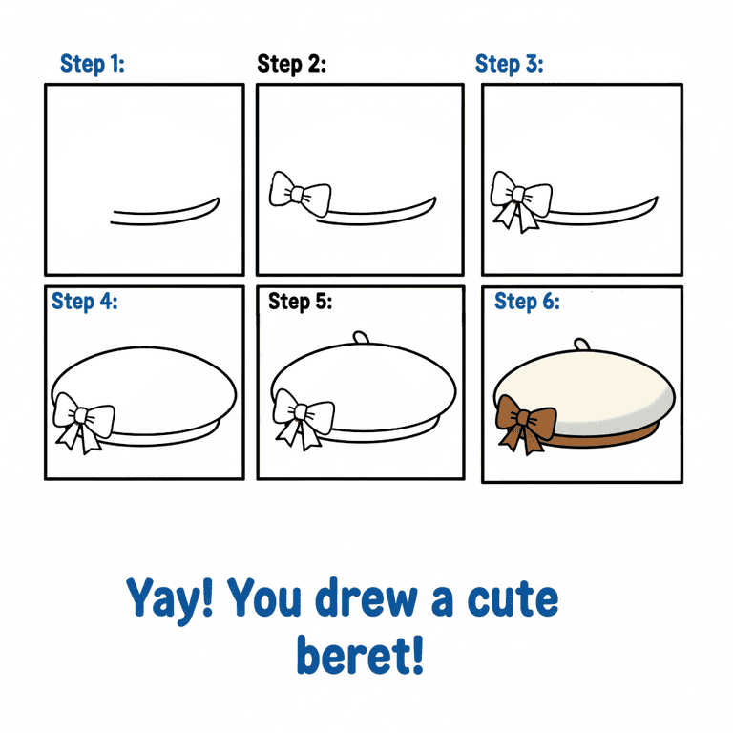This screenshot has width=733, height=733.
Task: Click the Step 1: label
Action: [93, 64]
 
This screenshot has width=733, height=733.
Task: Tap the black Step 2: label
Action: [292, 64]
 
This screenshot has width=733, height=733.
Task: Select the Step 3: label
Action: [510, 64]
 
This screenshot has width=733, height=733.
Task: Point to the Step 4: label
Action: [85, 302]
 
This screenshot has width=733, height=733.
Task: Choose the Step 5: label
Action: [300, 302]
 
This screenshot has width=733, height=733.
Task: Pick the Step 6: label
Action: [527, 302]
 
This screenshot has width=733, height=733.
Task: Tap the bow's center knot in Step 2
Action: [298, 194]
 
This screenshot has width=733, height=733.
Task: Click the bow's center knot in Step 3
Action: [519, 195]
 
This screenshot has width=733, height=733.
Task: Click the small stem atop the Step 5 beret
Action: [361, 338]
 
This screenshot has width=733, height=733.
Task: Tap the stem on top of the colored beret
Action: [581, 344]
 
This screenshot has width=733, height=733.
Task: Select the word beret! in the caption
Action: [360, 655]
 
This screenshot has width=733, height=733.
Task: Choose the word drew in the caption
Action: [366, 597]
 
